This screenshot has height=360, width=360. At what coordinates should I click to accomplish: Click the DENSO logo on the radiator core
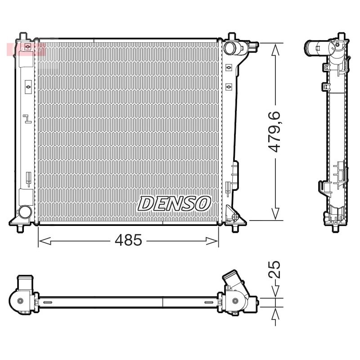174,203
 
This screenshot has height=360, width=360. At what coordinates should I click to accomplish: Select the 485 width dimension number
129,240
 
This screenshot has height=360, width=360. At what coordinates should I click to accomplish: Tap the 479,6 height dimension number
274,131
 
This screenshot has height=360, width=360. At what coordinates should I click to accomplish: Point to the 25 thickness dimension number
274,270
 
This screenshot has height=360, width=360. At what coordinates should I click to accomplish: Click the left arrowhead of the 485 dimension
45,241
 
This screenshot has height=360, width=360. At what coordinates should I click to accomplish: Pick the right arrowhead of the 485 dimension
212,241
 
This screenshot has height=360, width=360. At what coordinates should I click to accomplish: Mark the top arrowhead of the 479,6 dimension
275,50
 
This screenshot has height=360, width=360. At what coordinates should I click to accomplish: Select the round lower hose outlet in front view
25,211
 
